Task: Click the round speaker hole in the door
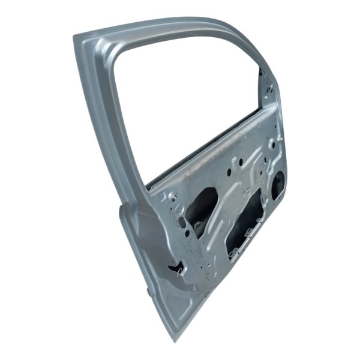[x=278, y=185]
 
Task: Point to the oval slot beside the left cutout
[x=182, y=222]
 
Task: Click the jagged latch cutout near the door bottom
[x=175, y=268]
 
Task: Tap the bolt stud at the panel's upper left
[x=173, y=196]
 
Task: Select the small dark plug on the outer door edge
[x=148, y=292]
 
